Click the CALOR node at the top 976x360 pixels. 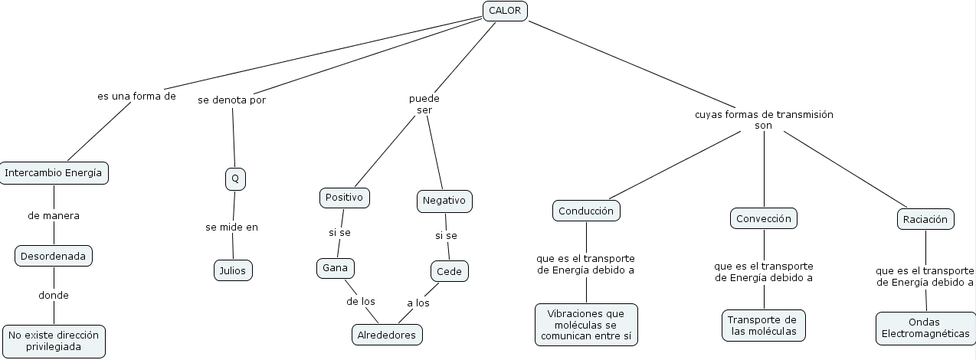coord(505,10)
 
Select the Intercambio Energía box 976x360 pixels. coord(53,173)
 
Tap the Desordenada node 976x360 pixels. coord(54,256)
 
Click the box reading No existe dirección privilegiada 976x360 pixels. coord(54,341)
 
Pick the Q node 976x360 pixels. coord(235,179)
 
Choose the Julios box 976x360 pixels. coord(233,270)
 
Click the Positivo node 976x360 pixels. coord(345,198)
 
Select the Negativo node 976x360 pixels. coord(444,201)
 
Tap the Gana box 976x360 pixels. coord(336,268)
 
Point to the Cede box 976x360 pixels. coord(449,271)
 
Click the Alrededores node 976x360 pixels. coord(388,335)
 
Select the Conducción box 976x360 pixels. coord(586,210)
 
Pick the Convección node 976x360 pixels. coord(763,218)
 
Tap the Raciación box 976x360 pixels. coord(925,219)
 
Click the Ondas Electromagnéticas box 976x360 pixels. coord(925,328)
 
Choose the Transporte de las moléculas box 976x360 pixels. coord(763,326)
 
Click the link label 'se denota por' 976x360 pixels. coord(231,100)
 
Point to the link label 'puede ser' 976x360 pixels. coord(424,104)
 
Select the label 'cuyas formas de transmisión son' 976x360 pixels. coord(764,119)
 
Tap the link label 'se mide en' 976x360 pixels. coord(231,227)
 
